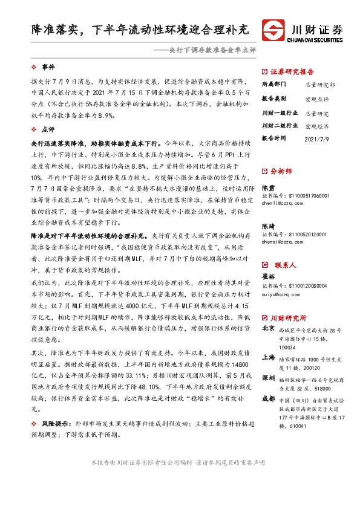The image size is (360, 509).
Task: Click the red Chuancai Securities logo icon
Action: click(274, 31)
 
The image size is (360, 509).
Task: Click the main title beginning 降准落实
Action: click(140, 28)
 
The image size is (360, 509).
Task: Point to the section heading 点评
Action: click(48, 129)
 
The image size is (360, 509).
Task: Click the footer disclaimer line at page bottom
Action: click(180, 479)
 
